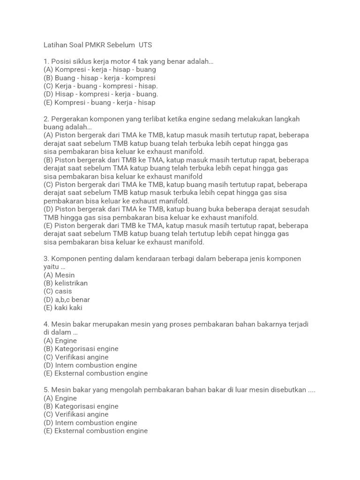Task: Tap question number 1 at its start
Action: [x=46, y=61]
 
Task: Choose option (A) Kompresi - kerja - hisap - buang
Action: [x=99, y=70]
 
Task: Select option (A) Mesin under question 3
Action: [x=59, y=275]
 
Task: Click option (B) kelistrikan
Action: [x=66, y=283]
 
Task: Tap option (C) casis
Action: [x=58, y=292]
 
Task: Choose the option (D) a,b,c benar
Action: [x=67, y=300]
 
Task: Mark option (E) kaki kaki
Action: [x=63, y=308]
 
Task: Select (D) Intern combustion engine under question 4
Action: [x=90, y=365]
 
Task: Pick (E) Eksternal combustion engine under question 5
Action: [x=96, y=431]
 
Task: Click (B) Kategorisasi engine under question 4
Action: [x=81, y=349]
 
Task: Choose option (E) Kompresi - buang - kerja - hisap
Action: [x=99, y=102]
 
